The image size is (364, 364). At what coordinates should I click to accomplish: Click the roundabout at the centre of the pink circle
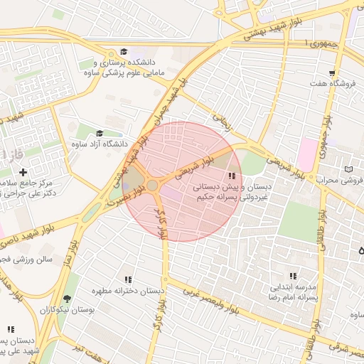[x=152, y=186]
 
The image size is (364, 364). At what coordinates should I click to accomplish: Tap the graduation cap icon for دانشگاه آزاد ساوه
[x=99, y=133]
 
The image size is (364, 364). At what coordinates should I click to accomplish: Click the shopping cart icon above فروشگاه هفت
[x=332, y=73]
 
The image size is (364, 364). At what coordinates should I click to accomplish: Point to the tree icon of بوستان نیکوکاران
[x=67, y=299]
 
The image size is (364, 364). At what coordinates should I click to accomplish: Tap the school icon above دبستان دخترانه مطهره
[x=128, y=280]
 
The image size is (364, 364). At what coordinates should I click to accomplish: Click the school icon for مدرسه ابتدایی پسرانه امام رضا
[x=292, y=276]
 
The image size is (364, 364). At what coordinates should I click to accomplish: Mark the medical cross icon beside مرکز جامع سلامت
[x=23, y=172]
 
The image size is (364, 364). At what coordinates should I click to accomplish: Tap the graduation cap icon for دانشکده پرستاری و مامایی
[x=124, y=52]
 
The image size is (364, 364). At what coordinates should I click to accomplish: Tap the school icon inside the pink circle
[x=231, y=176]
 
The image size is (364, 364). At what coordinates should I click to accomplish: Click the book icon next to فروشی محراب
[x=348, y=168]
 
